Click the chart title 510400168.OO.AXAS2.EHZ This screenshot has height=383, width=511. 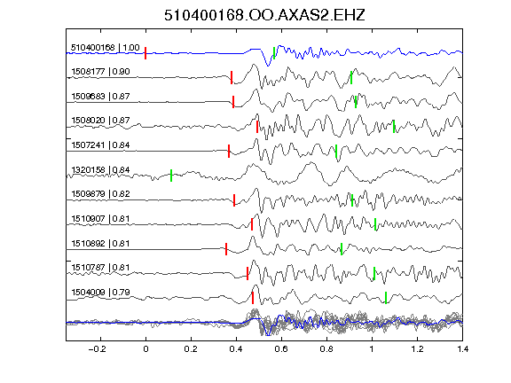click(264, 15)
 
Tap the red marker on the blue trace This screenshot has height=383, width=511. click(145, 53)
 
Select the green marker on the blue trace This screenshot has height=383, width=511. click(274, 53)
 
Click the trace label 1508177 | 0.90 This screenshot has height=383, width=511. click(100, 72)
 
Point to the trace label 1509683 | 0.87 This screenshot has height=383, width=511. click(100, 97)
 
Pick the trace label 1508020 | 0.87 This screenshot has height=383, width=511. click(100, 121)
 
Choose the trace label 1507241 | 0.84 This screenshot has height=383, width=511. click(100, 145)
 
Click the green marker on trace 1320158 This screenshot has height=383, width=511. click(171, 176)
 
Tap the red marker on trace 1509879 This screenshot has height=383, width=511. click(234, 200)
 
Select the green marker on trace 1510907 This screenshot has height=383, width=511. click(375, 224)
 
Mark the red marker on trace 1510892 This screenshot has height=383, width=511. click(226, 249)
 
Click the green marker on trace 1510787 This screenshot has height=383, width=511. click(374, 274)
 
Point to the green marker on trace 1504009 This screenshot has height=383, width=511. click(386, 298)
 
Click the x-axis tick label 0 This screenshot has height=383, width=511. click(145, 349)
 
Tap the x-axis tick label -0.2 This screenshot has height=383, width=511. click(98, 349)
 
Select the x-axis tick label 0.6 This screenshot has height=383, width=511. click(281, 349)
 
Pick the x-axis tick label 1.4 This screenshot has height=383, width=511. click(463, 349)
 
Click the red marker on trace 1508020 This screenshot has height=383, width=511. click(257, 127)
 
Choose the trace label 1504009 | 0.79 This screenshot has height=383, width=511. click(100, 293)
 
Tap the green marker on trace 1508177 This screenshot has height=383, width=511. click(351, 77)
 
